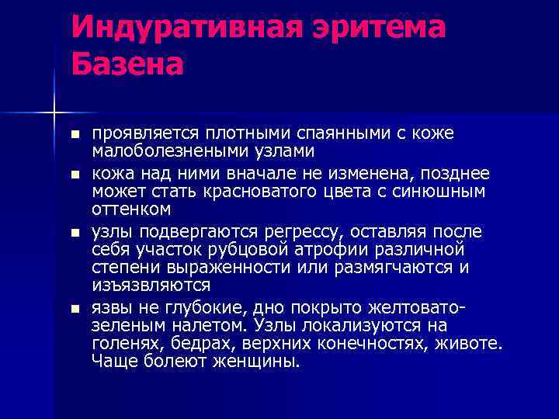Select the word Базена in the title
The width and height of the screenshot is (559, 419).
[x=128, y=64]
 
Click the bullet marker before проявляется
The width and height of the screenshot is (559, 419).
[x=75, y=134]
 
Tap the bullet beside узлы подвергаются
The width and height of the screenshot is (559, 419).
[x=75, y=232]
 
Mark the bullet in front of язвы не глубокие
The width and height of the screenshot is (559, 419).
[x=75, y=308]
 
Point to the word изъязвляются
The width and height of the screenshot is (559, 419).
[x=151, y=286]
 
